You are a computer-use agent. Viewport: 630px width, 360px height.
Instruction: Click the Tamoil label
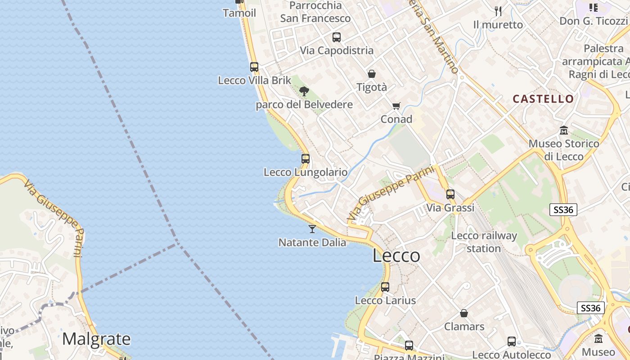(239, 13)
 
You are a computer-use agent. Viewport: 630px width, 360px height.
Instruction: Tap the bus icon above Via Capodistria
(337, 37)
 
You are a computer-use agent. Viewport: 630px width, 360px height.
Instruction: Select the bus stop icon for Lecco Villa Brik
(254, 67)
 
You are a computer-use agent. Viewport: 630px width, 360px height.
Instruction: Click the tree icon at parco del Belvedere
(304, 91)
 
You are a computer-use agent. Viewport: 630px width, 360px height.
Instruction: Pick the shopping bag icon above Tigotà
(372, 74)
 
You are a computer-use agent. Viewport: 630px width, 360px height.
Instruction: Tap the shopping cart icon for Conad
(396, 106)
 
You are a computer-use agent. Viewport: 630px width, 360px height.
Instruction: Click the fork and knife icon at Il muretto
(498, 11)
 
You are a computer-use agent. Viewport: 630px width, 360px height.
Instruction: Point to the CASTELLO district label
(543, 99)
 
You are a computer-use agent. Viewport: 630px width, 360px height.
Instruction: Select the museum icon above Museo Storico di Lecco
(564, 130)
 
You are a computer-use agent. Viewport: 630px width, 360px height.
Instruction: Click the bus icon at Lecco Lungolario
(306, 159)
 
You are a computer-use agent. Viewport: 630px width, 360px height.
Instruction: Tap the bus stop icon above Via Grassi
(450, 194)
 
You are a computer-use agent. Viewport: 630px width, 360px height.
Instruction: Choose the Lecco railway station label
(484, 242)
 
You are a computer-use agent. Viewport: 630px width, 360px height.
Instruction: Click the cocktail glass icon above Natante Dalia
(312, 229)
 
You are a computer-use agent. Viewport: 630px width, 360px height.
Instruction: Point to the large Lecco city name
(396, 256)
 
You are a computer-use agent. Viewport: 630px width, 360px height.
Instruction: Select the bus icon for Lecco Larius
(385, 287)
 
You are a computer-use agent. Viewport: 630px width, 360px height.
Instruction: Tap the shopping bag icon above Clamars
(464, 313)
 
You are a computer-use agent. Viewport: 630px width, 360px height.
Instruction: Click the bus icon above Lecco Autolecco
(512, 342)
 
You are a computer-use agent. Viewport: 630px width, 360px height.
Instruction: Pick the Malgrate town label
(96, 338)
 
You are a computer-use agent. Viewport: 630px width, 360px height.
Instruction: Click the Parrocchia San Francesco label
(315, 12)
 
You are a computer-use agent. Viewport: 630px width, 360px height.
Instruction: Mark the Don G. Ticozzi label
(593, 21)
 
